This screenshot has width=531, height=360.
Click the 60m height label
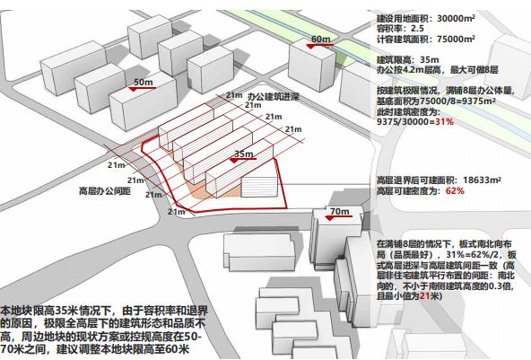(x=320, y=40)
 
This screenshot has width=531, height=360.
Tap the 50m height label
(x=143, y=83)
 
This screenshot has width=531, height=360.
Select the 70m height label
(x=339, y=212)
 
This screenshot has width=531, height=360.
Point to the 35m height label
(x=244, y=154)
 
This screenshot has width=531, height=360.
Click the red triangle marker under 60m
(x=311, y=47)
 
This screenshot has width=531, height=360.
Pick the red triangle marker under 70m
(x=330, y=218)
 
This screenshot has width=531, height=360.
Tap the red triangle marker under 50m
(x=133, y=89)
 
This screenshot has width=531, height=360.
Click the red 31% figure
(x=444, y=122)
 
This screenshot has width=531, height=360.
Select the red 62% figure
(x=455, y=191)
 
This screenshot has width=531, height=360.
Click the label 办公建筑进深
(x=273, y=97)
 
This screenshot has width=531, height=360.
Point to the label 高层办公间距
(x=105, y=191)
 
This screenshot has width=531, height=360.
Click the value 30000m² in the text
(x=456, y=18)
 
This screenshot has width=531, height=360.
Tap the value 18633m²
(x=482, y=180)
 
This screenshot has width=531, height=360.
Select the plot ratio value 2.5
(x=418, y=29)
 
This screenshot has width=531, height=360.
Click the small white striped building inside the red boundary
(x=259, y=187)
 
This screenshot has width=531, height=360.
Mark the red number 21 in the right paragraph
(x=424, y=296)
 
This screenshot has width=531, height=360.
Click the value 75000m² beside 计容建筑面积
(x=456, y=39)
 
